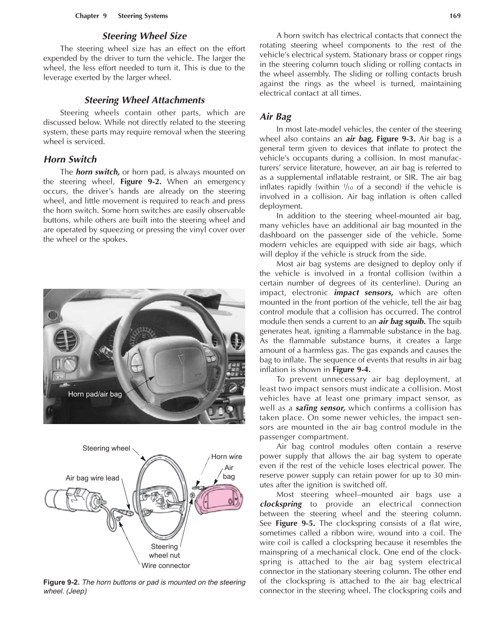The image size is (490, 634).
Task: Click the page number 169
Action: [x=455, y=16]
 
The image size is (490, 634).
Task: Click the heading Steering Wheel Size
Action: [x=144, y=36]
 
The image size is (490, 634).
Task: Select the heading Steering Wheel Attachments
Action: [x=144, y=100]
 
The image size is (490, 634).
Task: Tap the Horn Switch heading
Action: [x=70, y=159]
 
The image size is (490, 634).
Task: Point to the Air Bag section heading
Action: [x=275, y=117]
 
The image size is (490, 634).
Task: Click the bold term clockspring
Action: [x=280, y=504]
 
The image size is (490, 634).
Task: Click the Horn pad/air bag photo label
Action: [x=95, y=394]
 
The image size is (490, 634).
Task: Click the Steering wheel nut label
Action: [x=164, y=551]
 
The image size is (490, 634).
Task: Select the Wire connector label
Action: [x=165, y=566]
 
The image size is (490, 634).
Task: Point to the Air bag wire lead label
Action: [x=92, y=478]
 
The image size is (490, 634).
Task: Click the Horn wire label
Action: [x=227, y=457]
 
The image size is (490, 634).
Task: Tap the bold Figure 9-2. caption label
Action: [x=62, y=582]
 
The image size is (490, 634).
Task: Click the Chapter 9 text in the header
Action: [x=91, y=16]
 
